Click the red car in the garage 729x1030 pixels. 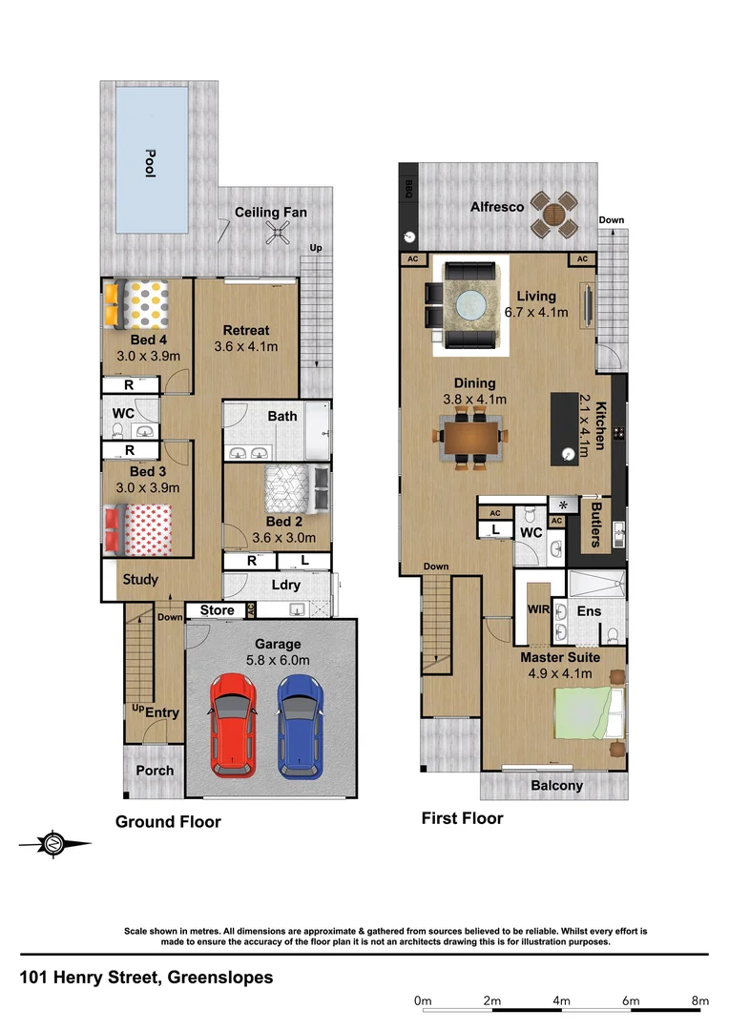click(231, 724)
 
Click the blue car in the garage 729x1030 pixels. click(301, 724)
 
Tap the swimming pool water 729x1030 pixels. click(151, 158)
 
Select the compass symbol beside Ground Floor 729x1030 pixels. click(54, 842)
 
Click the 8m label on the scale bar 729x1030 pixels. click(699, 1000)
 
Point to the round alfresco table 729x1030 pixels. click(553, 215)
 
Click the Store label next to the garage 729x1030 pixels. click(217, 610)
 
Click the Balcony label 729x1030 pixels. click(556, 786)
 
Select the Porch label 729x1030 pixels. click(155, 771)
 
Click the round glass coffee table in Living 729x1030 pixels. click(469, 308)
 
